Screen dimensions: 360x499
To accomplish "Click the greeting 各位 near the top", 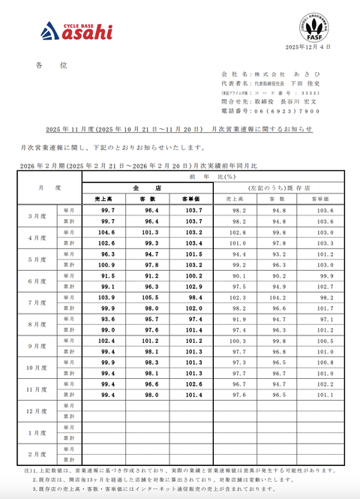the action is point(50,65).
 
